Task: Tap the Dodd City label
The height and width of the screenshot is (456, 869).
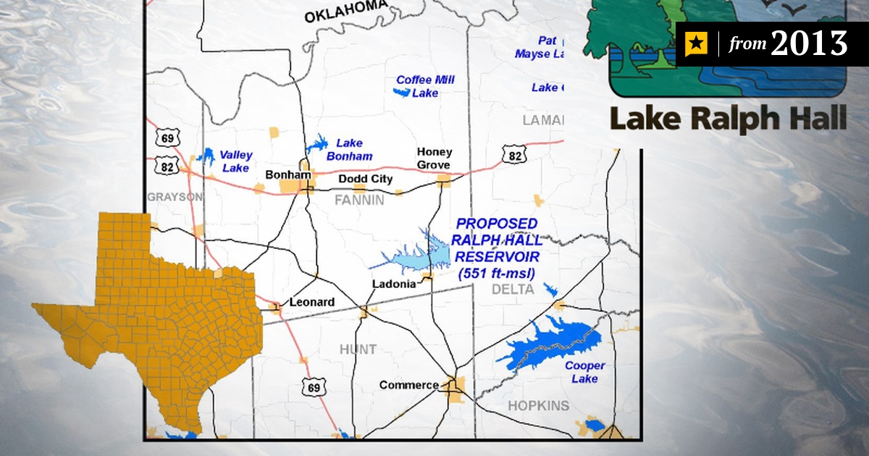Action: pos(366,179)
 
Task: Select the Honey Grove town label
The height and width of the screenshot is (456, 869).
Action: pos(434,159)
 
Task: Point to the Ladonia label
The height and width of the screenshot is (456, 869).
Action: pos(394,284)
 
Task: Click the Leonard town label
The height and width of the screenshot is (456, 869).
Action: pos(311,302)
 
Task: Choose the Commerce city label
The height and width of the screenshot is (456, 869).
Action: pos(408,385)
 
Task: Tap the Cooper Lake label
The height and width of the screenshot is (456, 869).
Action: pos(584,372)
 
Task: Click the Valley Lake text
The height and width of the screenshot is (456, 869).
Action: pos(235,161)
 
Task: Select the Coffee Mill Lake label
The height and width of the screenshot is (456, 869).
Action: pos(425,86)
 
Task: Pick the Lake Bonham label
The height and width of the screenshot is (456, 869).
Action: pos(349,150)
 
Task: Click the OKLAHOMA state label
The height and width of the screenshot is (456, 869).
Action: pos(345,12)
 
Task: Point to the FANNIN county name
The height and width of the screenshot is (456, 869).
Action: pos(359,200)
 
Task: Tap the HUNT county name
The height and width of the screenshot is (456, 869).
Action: pos(358,350)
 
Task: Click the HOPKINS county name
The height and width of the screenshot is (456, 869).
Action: pos(538,405)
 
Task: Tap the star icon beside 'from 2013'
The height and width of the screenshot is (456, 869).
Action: pos(695,44)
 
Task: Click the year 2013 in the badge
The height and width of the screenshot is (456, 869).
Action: pos(808,44)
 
